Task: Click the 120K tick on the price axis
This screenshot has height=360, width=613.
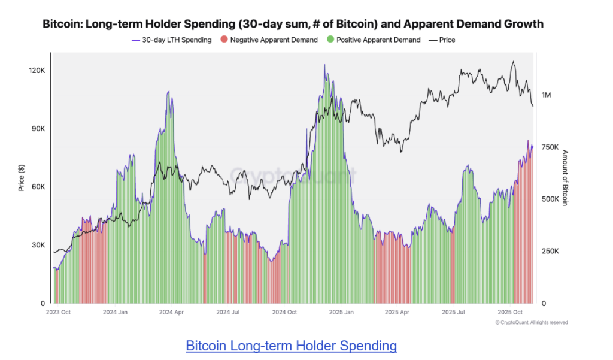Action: pyautogui.click(x=37, y=71)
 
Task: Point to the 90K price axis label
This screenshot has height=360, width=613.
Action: pyautogui.click(x=38, y=129)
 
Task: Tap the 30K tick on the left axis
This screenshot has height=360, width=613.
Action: pyautogui.click(x=38, y=245)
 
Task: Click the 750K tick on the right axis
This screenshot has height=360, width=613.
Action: pyautogui.click(x=550, y=147)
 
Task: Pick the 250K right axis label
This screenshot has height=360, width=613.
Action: pyautogui.click(x=550, y=252)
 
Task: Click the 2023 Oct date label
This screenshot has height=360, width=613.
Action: pyautogui.click(x=59, y=313)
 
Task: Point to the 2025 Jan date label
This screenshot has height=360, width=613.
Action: pyautogui.click(x=341, y=313)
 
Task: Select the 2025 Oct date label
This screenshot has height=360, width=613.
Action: pyautogui.click(x=510, y=313)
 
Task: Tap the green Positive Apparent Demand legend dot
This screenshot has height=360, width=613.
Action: pyautogui.click(x=330, y=40)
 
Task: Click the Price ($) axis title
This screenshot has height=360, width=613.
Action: pyautogui.click(x=22, y=178)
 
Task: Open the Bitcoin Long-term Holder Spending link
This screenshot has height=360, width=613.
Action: pyautogui.click(x=291, y=346)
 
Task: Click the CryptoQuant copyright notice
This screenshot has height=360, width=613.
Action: pyautogui.click(x=532, y=323)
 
